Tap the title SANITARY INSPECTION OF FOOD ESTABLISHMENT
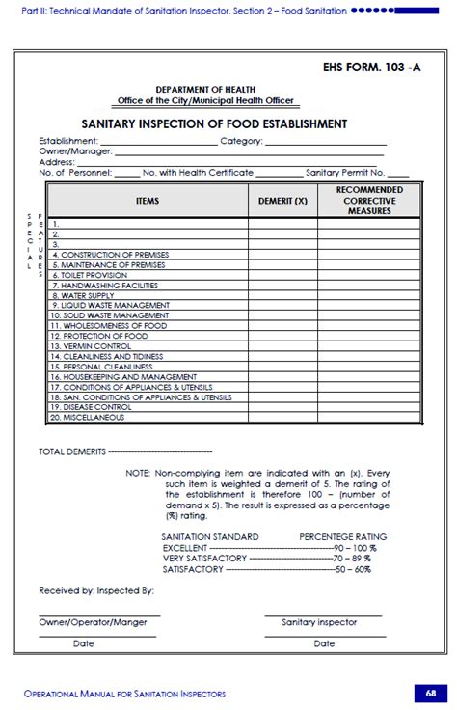[x=214, y=124]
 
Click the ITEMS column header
[x=148, y=201]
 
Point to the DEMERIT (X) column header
[x=283, y=201]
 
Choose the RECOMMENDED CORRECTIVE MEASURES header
[x=370, y=200]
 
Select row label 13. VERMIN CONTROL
[x=91, y=345]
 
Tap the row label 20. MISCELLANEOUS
[x=88, y=417]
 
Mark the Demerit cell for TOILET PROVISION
[x=283, y=275]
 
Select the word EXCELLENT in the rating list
[x=183, y=547]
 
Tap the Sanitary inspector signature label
[x=319, y=622]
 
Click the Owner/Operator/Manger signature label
[x=94, y=622]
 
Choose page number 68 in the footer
[x=428, y=693]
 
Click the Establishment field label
[x=68, y=141]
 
